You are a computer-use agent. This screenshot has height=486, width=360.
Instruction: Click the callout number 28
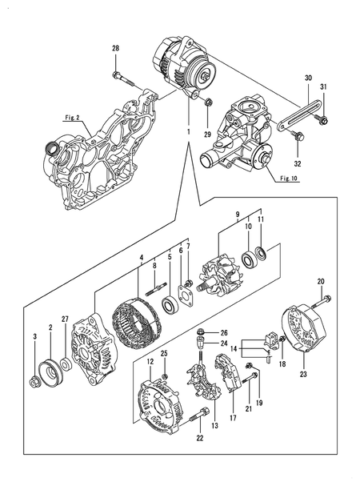tap(115, 50)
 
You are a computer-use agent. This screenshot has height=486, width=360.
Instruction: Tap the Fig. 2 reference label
tap(73, 117)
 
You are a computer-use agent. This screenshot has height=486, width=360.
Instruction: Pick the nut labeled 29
tap(208, 102)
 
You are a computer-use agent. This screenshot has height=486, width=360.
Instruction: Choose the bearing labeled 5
tap(170, 305)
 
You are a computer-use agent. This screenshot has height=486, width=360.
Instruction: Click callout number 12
tap(150, 363)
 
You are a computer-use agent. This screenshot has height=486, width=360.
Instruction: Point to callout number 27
tap(66, 318)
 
